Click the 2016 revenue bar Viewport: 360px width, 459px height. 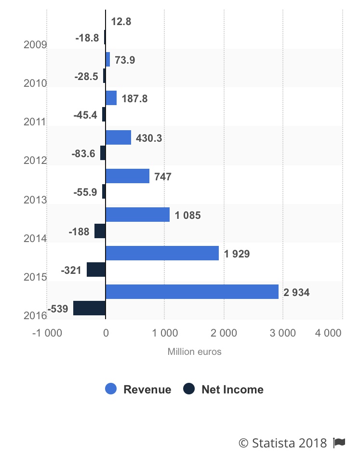coord(192,292)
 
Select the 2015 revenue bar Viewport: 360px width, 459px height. coord(162,253)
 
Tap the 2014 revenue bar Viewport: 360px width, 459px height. coord(137,215)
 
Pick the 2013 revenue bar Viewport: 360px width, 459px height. coord(127,176)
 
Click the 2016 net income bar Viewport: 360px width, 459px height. coord(90,308)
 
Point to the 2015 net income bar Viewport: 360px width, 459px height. coord(96,270)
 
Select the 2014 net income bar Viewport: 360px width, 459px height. coord(100,231)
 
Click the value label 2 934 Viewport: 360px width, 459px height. coord(296,292)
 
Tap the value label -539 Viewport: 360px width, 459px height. coord(58,309)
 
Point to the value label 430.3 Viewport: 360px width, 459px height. coord(148,138)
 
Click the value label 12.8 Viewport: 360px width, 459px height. coord(121,22)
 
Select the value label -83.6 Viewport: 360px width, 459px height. coord(83,154)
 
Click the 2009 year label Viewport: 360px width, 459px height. coord(35,45)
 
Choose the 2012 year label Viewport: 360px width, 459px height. coord(35,161)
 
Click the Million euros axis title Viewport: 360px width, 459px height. coord(194,351)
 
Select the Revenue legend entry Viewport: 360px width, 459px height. coord(138,390)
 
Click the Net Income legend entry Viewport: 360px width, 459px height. coord(224,390)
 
